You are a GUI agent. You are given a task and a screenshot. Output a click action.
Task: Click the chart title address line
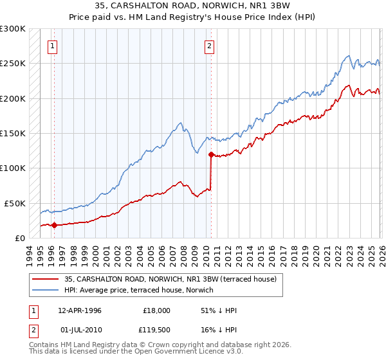point(192,6)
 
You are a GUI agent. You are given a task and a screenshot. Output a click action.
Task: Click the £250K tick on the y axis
point(12,64)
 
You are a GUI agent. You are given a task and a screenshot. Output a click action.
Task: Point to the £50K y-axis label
point(14,203)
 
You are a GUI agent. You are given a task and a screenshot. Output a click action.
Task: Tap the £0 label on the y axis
point(19,238)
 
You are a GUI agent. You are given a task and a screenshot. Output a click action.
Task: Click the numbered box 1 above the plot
point(52,46)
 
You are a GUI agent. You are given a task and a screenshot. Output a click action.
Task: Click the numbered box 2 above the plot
point(210,46)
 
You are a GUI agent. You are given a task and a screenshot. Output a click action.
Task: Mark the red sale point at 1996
point(54,225)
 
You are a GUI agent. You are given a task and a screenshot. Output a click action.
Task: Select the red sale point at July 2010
point(211,154)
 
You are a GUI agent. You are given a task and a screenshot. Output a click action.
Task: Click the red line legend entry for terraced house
point(170,279)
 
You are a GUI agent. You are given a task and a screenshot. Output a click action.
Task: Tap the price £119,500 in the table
point(156,329)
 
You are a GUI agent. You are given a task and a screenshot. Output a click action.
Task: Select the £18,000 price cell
point(156,310)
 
